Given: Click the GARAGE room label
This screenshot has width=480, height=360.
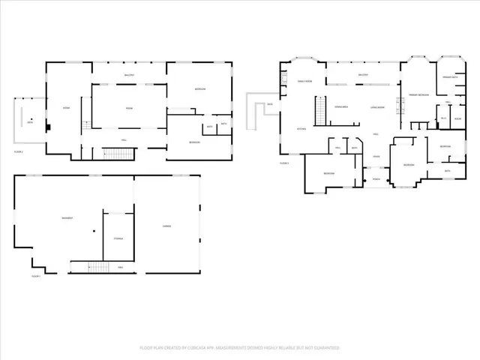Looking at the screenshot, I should (x=167, y=226).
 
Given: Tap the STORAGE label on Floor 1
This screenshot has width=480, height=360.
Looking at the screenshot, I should (x=118, y=238).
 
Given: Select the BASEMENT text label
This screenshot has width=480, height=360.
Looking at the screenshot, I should (x=67, y=218).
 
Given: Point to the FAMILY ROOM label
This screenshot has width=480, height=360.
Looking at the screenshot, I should (x=304, y=81).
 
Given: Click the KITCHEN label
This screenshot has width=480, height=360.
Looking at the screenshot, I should (x=301, y=129).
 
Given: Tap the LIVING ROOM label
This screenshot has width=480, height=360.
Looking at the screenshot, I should (x=377, y=107).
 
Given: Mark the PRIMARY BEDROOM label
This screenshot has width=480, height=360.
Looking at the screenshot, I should (x=418, y=94).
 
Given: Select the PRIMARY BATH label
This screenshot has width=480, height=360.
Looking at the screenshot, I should (x=450, y=77).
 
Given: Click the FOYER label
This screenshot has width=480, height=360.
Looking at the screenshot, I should (x=376, y=156).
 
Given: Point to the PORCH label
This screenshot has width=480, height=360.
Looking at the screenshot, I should (x=376, y=179).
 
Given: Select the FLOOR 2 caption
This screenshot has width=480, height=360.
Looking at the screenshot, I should (x=19, y=152).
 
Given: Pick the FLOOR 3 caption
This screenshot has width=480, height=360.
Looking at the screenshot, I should (x=284, y=162).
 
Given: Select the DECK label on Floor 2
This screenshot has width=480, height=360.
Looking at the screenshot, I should (x=30, y=122).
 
